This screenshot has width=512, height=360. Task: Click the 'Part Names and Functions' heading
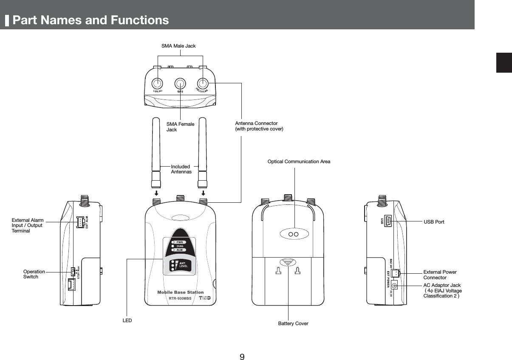[90, 20]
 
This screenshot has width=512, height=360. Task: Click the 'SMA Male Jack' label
[178, 45]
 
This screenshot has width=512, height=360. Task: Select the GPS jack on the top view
[180, 83]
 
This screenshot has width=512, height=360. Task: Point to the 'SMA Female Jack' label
[180, 127]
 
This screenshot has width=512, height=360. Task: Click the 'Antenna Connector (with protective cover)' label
[259, 126]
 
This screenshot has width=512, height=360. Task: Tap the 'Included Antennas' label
[181, 169]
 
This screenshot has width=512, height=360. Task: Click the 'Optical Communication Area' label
[299, 162]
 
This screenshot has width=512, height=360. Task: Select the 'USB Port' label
[434, 222]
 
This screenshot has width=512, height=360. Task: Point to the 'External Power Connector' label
[440, 275]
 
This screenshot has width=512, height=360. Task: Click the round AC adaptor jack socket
[394, 286]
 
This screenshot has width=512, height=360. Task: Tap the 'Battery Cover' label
[293, 323]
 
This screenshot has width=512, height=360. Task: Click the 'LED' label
[127, 320]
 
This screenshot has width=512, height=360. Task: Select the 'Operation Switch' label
[34, 274]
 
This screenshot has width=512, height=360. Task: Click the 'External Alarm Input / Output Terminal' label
[28, 225]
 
